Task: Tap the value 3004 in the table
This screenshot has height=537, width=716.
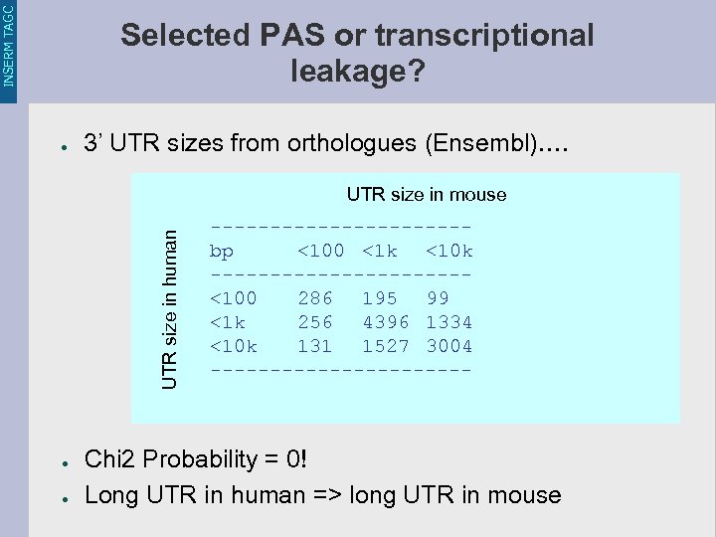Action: pyautogui.click(x=449, y=346)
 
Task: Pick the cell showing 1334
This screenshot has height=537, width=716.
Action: pyautogui.click(x=449, y=322)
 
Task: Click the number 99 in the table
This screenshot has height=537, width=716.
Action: pyautogui.click(x=438, y=298)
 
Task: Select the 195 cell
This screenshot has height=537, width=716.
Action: pyautogui.click(x=380, y=298)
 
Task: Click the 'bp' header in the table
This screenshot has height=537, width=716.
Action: pyautogui.click(x=222, y=251)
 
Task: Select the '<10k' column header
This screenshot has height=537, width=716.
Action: pyautogui.click(x=449, y=251)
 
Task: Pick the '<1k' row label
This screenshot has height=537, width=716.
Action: pyautogui.click(x=228, y=322)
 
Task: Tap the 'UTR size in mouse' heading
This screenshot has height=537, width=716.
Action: pyautogui.click(x=427, y=195)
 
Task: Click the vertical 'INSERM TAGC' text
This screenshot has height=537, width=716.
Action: pyautogui.click(x=9, y=45)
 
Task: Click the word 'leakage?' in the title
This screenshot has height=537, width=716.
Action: pyautogui.click(x=358, y=72)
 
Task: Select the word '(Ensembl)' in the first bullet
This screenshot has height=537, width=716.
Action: pyautogui.click(x=477, y=143)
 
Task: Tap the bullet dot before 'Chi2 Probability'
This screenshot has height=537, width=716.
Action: pyautogui.click(x=62, y=462)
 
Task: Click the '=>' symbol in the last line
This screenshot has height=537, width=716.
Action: pyautogui.click(x=324, y=494)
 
